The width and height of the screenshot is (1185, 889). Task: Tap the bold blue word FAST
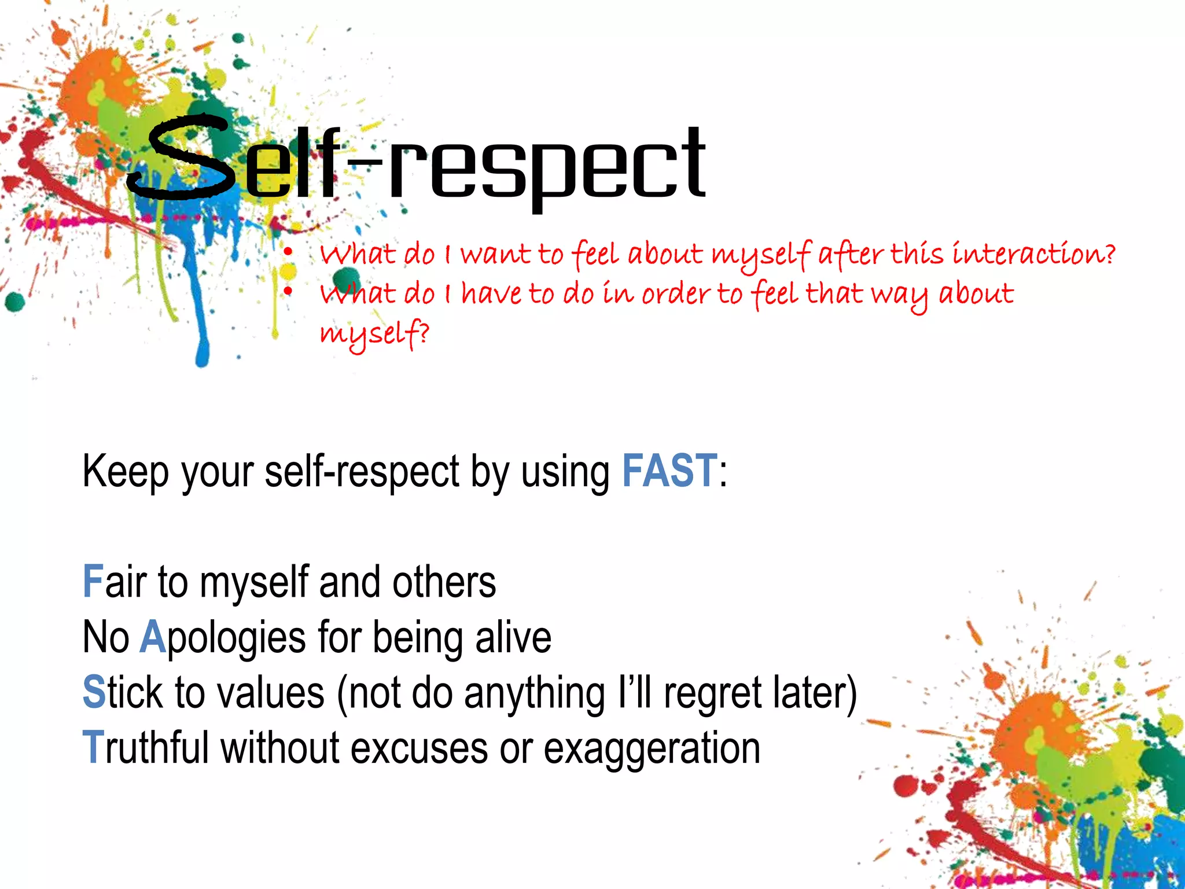click(669, 471)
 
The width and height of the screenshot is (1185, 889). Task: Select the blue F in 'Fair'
click(93, 582)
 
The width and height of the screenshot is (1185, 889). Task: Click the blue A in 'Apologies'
click(153, 637)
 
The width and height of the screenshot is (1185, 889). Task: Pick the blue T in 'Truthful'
click(93, 747)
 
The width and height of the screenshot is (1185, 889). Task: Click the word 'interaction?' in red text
click(1033, 254)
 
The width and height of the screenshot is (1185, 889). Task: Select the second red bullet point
click(288, 291)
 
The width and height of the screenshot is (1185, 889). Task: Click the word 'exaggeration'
click(652, 748)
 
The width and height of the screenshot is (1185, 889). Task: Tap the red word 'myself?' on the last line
click(375, 334)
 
